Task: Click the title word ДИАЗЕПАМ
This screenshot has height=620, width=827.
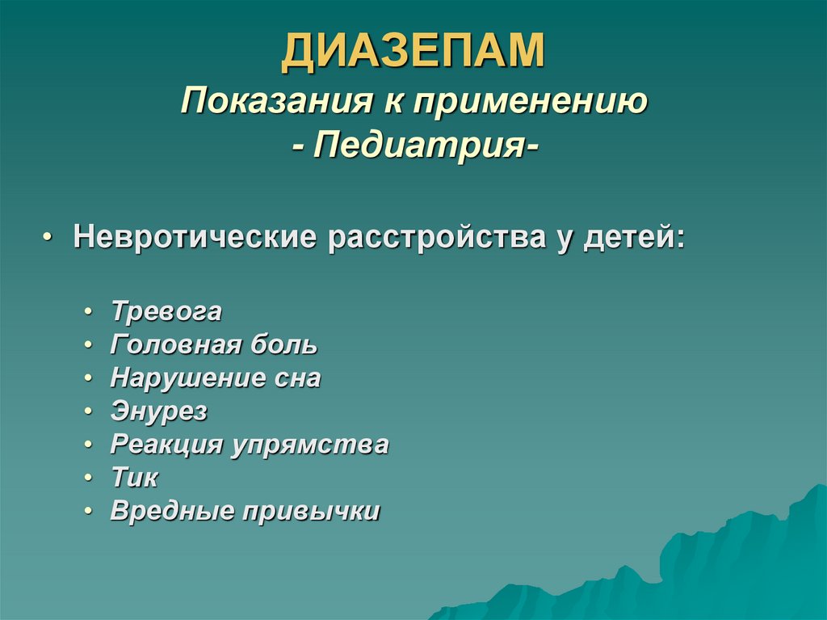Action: pos(413,52)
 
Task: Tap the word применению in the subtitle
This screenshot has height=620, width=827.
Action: pos(531,103)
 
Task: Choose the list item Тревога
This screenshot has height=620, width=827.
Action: pos(166,312)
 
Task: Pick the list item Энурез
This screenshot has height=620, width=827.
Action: pos(159,412)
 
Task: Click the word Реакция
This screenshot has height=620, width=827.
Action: pos(166,445)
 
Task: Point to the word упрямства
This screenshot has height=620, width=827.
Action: pos(311,445)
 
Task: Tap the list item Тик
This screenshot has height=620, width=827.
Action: pos(134,479)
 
